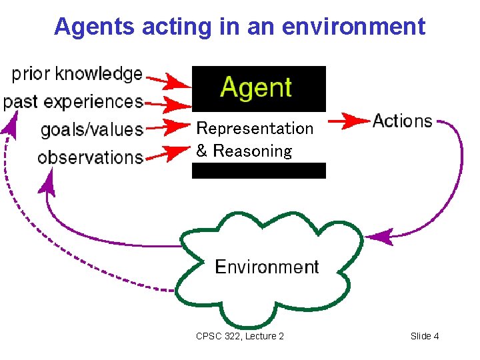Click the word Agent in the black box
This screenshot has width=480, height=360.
(257, 88)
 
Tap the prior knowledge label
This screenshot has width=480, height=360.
(77, 73)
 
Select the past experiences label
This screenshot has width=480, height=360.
(73, 101)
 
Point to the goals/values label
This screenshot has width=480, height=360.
(92, 129)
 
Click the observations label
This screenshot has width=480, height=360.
(90, 157)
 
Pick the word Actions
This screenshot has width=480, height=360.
(403, 121)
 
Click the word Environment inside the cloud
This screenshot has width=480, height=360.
(267, 267)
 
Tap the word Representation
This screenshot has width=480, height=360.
(255, 127)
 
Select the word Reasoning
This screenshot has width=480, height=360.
(252, 151)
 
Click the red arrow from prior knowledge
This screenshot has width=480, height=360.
(168, 81)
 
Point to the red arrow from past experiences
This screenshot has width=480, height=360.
(168, 103)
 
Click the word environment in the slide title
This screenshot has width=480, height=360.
(353, 27)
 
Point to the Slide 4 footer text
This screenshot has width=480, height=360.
(425, 336)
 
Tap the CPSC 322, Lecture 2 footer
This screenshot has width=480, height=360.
(240, 336)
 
